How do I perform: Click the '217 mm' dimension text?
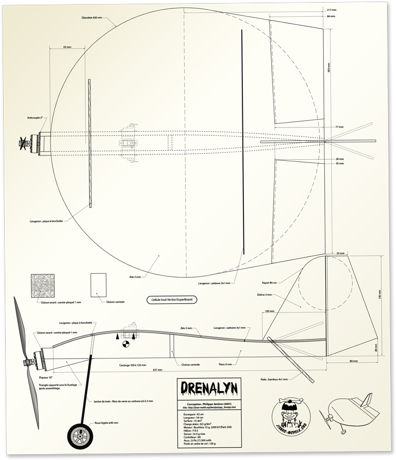click(x=332, y=10)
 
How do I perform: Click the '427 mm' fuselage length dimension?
click(x=157, y=370)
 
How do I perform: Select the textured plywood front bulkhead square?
click(x=43, y=286)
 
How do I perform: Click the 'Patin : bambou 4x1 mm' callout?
click(x=292, y=379)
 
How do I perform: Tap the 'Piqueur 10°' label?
click(x=48, y=378)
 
